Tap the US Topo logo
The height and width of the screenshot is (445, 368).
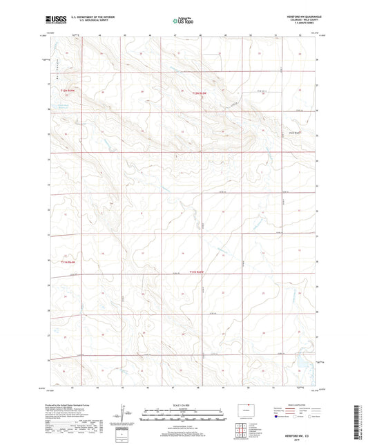click(x=184, y=21)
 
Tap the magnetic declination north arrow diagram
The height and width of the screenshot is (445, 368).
click(x=126, y=416)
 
